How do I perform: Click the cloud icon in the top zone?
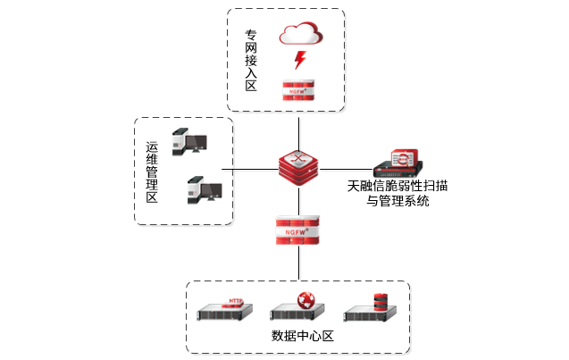click(300, 35)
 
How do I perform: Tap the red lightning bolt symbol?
click(300, 61)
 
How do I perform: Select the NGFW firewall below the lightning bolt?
click(300, 89)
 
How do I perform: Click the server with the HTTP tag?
click(224, 311)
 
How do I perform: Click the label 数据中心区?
click(301, 337)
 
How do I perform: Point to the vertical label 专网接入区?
click(251, 62)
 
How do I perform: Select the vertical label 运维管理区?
click(152, 172)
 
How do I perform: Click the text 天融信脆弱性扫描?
click(397, 187)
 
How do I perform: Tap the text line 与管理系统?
click(398, 202)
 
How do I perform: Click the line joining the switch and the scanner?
click(348, 168)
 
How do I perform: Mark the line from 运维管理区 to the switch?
click(255, 168)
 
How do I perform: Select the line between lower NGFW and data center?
click(300, 264)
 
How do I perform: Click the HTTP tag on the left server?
click(235, 302)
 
